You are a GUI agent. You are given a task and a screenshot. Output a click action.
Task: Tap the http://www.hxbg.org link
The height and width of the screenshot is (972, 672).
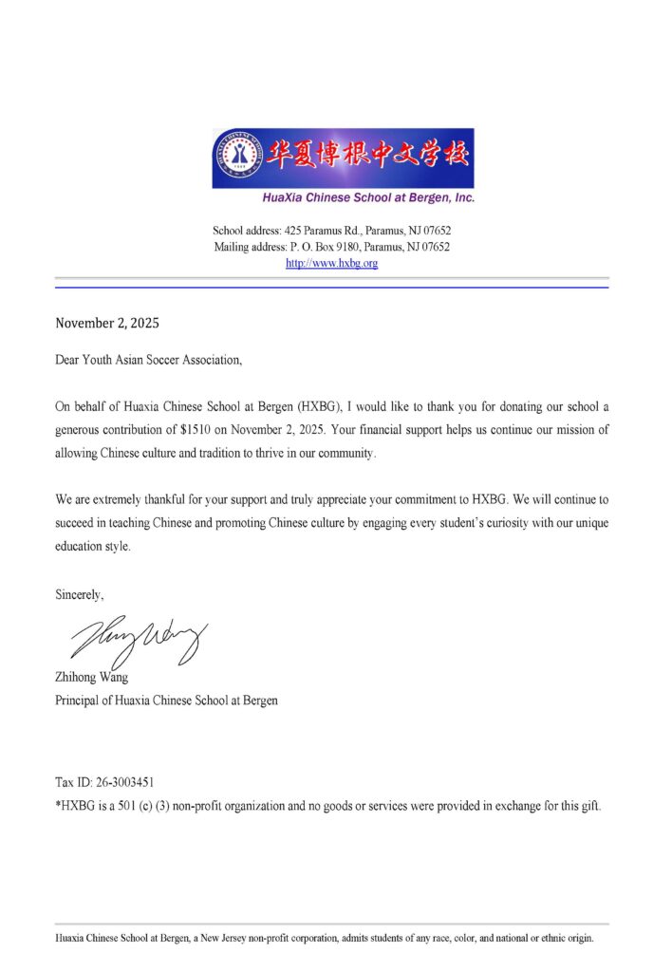point(332,263)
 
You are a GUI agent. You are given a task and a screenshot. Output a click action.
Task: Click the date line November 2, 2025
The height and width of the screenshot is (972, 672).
point(107,323)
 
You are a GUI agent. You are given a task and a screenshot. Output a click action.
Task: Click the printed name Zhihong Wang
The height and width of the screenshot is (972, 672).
point(90,679)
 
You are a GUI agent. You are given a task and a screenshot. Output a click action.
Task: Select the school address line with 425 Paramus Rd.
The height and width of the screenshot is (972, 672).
point(331,231)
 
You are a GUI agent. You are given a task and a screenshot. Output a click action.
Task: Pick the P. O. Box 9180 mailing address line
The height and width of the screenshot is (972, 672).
point(331,247)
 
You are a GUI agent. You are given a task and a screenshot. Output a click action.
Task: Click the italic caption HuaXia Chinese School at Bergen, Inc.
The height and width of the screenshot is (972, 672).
point(368,198)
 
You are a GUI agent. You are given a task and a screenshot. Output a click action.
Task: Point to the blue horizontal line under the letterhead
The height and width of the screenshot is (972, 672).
point(331,287)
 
